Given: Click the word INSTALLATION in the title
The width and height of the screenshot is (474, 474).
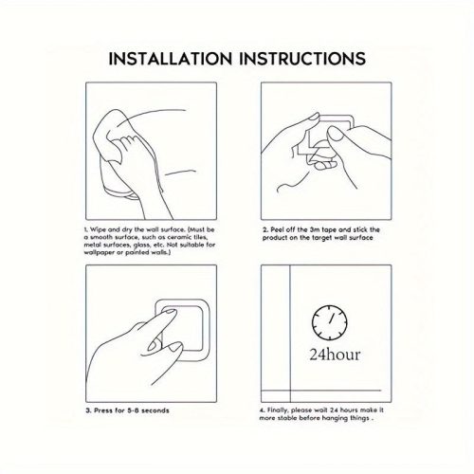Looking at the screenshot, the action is pyautogui.click(x=171, y=59).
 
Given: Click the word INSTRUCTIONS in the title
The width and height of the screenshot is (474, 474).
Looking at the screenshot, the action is pyautogui.click(x=302, y=59).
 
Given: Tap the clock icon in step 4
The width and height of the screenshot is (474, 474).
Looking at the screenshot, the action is pyautogui.click(x=329, y=322).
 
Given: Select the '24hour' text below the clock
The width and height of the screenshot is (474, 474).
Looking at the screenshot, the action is pyautogui.click(x=335, y=355).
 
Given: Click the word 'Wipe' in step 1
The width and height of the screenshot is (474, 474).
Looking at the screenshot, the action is pyautogui.click(x=98, y=229).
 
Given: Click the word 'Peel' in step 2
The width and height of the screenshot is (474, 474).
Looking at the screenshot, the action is pyautogui.click(x=277, y=229).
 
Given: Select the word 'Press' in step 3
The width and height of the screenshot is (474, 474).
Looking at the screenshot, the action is pyautogui.click(x=102, y=410).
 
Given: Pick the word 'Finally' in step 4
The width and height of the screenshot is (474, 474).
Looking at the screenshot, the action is pyautogui.click(x=278, y=410).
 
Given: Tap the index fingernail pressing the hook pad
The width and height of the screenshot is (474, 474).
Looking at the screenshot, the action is pyautogui.click(x=169, y=312).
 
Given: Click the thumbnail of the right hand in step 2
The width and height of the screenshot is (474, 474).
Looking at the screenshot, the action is pyautogui.click(x=336, y=133).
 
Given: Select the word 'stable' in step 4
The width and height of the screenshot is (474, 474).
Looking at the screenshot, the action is pyautogui.click(x=287, y=418).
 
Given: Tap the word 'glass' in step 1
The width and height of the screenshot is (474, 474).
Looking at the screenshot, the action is pyautogui.click(x=142, y=246).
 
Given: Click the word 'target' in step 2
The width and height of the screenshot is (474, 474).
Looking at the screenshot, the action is pyautogui.click(x=321, y=238).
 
